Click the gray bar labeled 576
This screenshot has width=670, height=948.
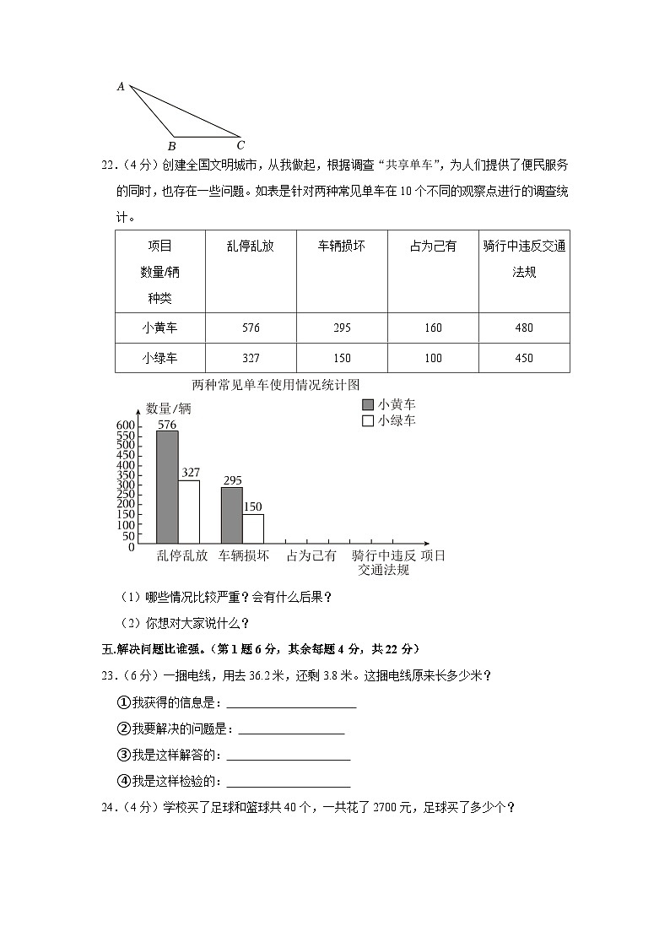click(x=167, y=486)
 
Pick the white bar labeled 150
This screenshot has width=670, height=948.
click(x=253, y=528)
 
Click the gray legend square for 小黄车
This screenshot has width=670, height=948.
click(x=367, y=404)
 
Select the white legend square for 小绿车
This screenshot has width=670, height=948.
click(x=367, y=420)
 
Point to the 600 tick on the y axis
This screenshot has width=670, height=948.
click(x=126, y=425)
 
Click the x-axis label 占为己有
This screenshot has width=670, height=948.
click(x=311, y=555)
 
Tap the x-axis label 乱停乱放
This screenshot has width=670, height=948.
click(x=182, y=555)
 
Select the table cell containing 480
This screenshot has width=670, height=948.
click(x=523, y=328)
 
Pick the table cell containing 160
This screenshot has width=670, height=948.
click(x=432, y=328)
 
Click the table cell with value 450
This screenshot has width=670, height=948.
click(x=523, y=358)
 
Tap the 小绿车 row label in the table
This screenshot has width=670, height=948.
click(x=159, y=358)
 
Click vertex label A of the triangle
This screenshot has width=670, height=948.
click(x=121, y=86)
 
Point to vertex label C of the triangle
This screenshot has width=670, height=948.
click(x=240, y=144)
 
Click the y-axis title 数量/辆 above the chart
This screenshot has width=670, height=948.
click(x=169, y=409)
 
